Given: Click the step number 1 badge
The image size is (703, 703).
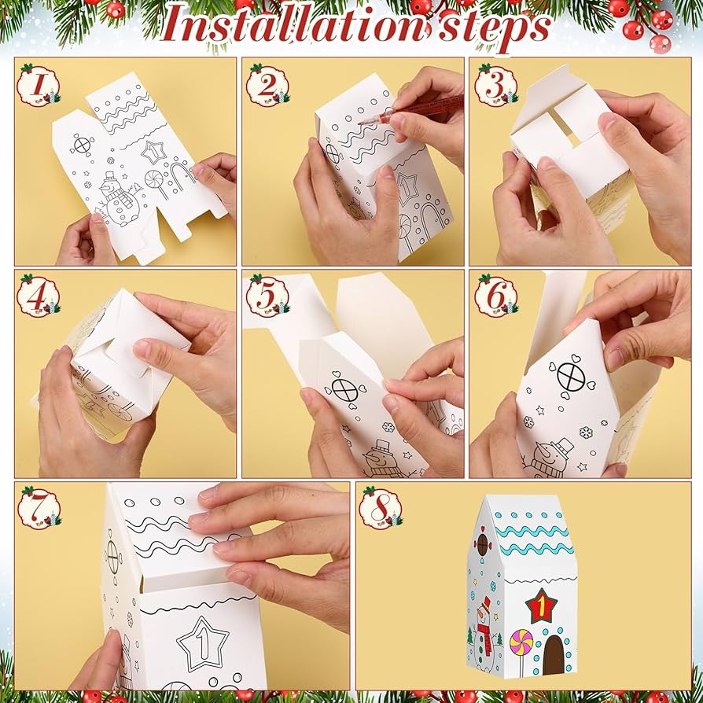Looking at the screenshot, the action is [x=39, y=85].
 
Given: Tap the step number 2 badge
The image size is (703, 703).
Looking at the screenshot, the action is [x=267, y=85].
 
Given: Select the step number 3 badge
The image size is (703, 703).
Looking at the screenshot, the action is [x=496, y=85].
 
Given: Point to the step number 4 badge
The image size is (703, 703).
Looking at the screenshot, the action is [x=39, y=296].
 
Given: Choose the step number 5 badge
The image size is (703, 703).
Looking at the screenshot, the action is [x=267, y=296].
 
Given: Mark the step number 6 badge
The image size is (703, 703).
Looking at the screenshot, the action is [x=496, y=296].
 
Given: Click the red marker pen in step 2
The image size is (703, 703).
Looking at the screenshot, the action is [x=410, y=110].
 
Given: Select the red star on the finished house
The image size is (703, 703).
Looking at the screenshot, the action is [x=542, y=606].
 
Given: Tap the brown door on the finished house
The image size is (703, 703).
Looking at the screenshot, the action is [x=554, y=655].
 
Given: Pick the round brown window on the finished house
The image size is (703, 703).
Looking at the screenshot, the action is [x=483, y=545].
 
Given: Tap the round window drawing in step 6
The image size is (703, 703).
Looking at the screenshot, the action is [x=571, y=376].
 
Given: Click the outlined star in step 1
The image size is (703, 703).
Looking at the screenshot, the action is [x=154, y=153].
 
